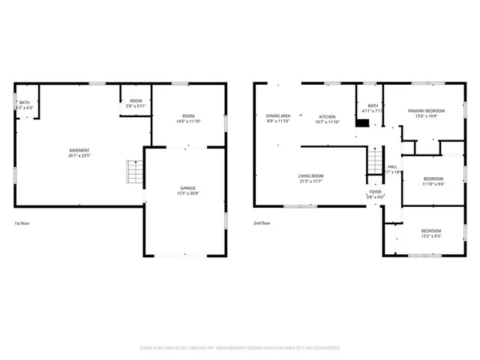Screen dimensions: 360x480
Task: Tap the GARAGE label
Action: [187, 188]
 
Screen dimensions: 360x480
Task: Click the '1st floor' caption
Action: [22, 223]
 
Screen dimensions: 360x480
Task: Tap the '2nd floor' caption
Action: [262, 223]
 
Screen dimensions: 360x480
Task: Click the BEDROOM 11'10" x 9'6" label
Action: [433, 181]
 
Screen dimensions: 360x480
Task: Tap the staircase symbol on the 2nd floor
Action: [374, 162]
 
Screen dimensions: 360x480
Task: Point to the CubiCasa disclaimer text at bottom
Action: [240, 348]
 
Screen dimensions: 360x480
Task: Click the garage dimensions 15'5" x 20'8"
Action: [187, 193]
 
